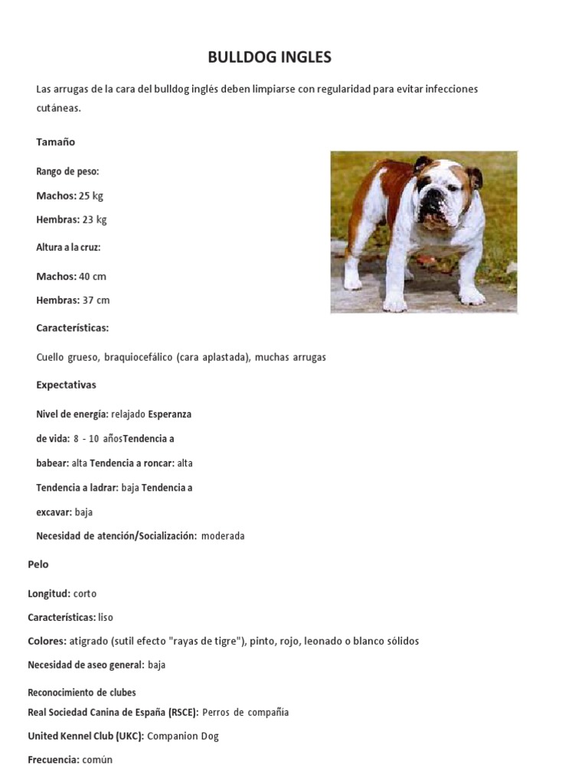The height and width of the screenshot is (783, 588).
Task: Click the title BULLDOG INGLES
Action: pos(270,57)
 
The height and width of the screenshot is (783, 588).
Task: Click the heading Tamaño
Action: pos(56,142)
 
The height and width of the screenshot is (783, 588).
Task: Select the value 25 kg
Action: pos(91,196)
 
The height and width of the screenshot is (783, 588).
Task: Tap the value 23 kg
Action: pos(95,219)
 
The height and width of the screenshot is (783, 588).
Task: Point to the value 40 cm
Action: pos(93,276)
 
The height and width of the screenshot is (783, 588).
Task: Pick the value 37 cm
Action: pos(96,300)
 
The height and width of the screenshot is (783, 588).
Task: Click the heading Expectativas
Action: pos(67,385)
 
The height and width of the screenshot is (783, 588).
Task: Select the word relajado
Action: pos(128,414)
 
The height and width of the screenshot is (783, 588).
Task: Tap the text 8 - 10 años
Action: pos(98,439)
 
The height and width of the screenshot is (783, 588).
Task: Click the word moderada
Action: pos(223,536)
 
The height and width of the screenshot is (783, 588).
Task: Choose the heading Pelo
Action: pos(38,564)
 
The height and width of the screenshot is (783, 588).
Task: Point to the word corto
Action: pos(85,593)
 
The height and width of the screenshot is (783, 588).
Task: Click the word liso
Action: pos(106,617)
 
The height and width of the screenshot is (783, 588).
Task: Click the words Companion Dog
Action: pos(183,736)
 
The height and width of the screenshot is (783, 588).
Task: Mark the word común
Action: pos(98,760)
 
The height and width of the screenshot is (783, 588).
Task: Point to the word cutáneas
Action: pos(58,109)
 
